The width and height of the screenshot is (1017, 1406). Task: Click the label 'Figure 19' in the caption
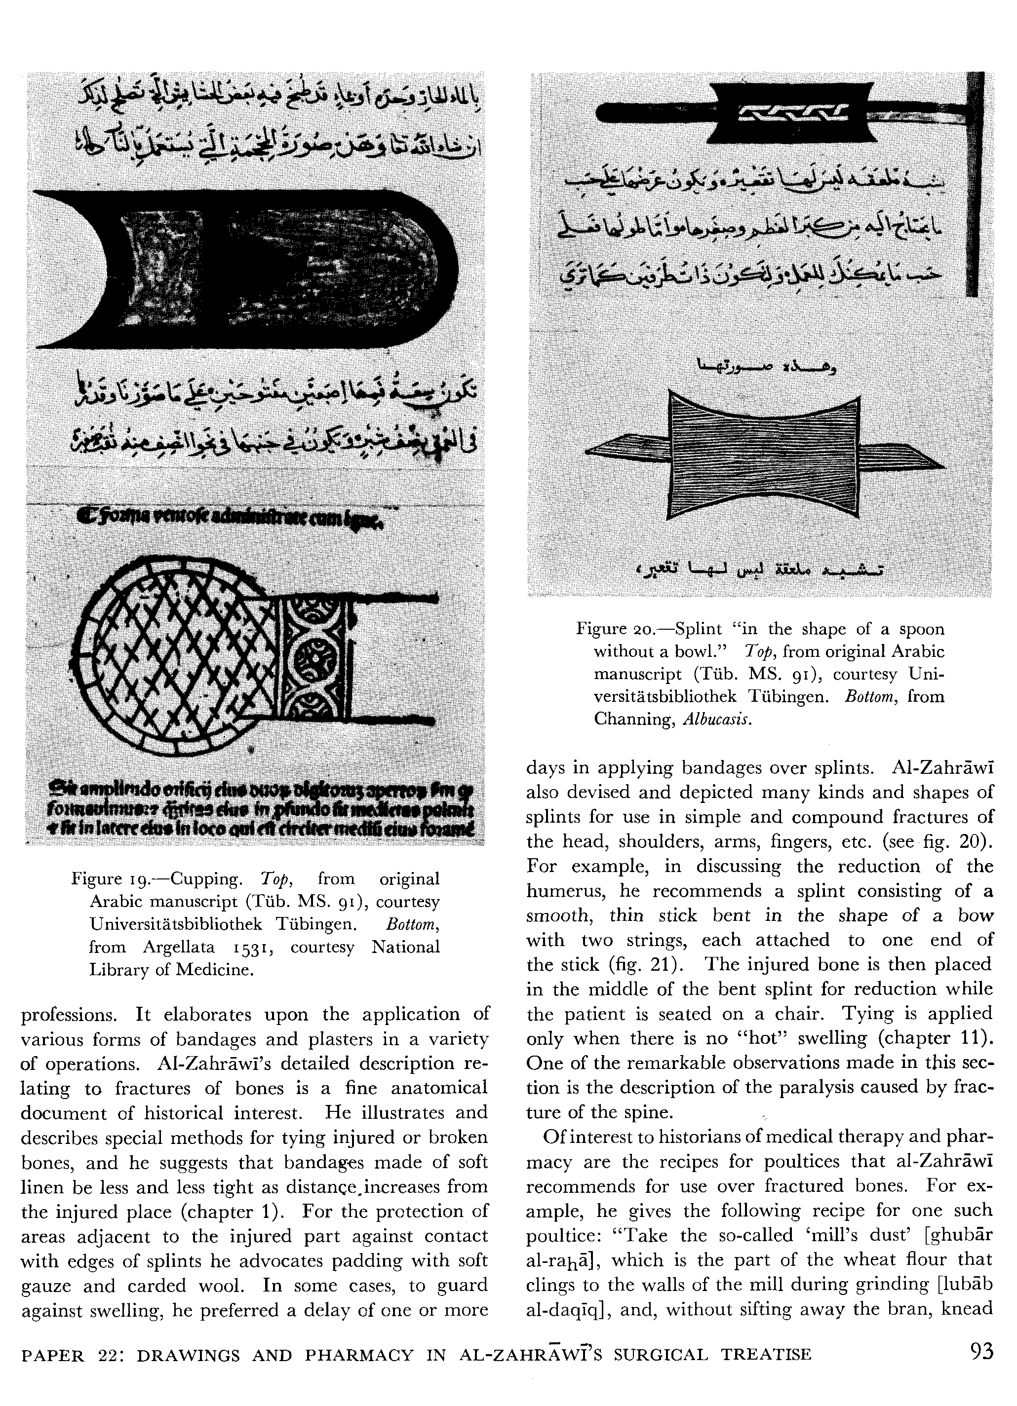[x=111, y=878]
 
